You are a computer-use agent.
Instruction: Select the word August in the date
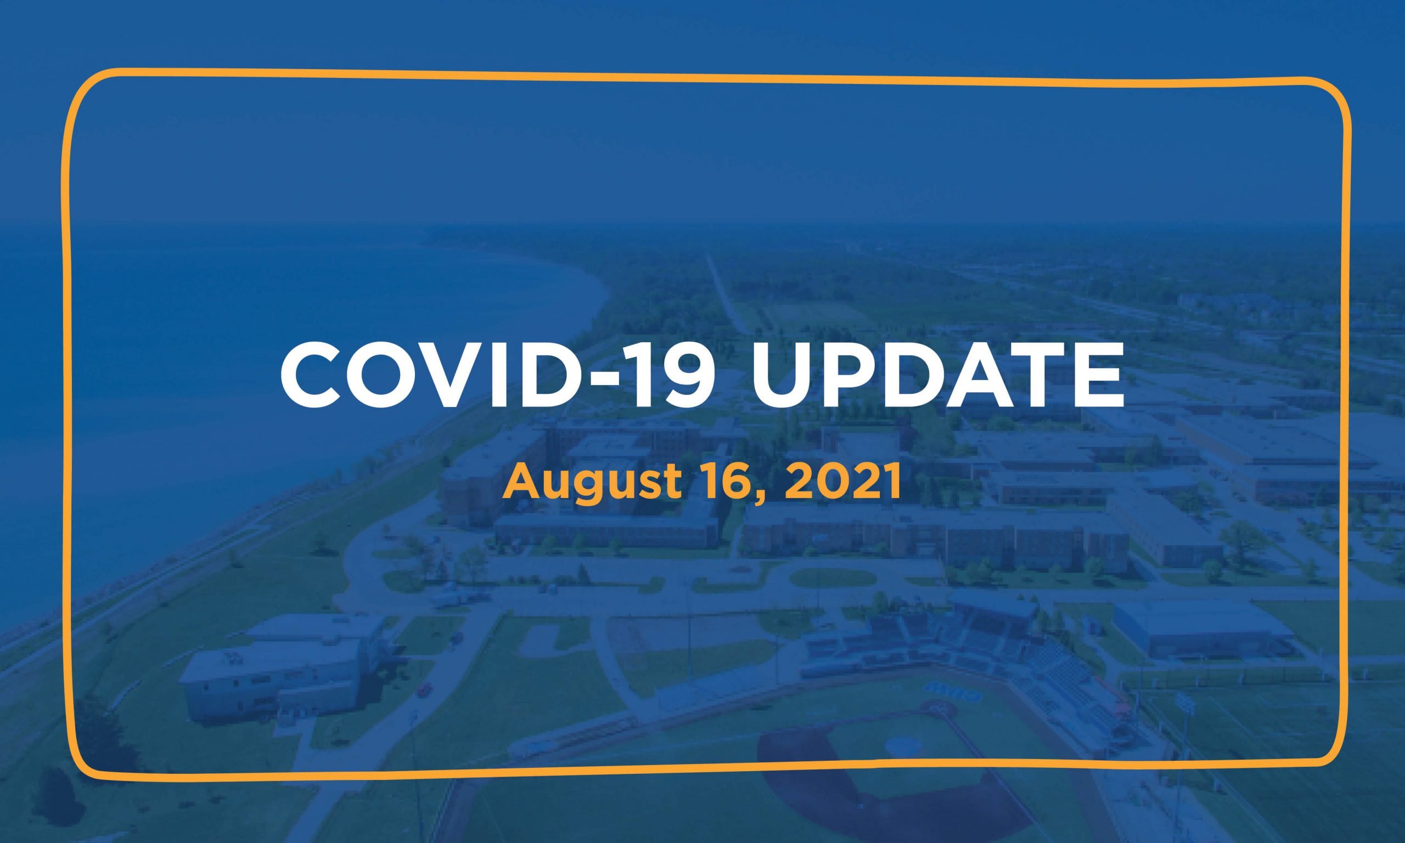click(x=591, y=483)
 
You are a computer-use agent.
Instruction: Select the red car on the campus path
click(x=424, y=689)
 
